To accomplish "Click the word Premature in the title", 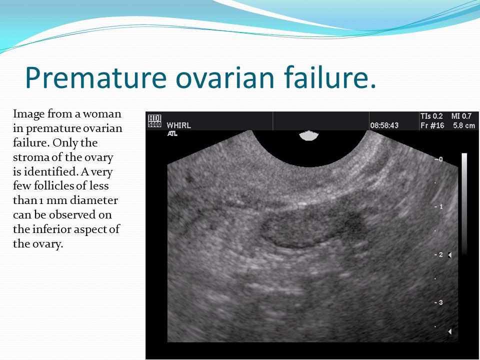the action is tap(96, 77).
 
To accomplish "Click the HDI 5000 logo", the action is tap(154, 120).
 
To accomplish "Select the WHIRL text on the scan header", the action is tap(179, 125).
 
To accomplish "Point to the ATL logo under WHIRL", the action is tap(172, 133).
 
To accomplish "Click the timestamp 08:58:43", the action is tap(384, 125).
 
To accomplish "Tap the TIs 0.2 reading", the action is tap(431, 116).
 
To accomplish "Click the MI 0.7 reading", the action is tap(461, 116).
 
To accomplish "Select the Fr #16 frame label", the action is tap(432, 125).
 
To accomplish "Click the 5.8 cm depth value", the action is tap(464, 125).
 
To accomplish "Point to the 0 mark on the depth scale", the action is tap(440, 159).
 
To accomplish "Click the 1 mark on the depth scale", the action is tap(441, 206).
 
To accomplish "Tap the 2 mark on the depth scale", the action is tap(441, 254).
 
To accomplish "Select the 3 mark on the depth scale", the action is tap(441, 302).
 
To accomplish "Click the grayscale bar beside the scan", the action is tap(464, 204).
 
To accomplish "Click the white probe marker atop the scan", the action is tap(309, 135).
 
